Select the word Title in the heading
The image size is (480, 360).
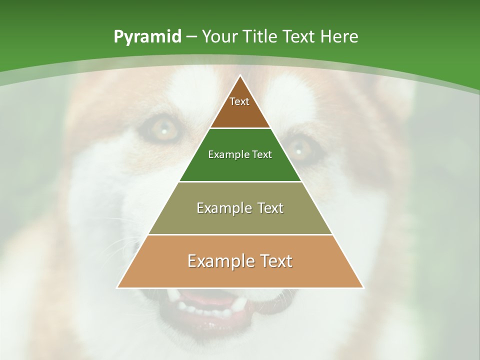pos(259,37)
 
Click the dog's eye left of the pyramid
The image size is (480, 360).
pos(161,129)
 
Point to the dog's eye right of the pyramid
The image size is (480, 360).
pos(300,148)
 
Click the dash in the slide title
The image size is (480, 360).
pos(191,37)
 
